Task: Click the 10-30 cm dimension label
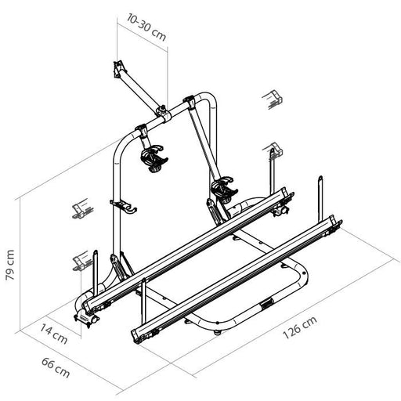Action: coord(146,27)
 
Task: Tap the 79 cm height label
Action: coord(10,265)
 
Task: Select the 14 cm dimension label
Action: coord(54,334)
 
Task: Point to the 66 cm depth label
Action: coord(56,368)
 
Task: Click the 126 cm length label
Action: coord(300,327)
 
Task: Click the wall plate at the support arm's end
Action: coord(118,68)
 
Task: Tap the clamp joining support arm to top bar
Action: coord(163,113)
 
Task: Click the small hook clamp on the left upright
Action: coord(124,206)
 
